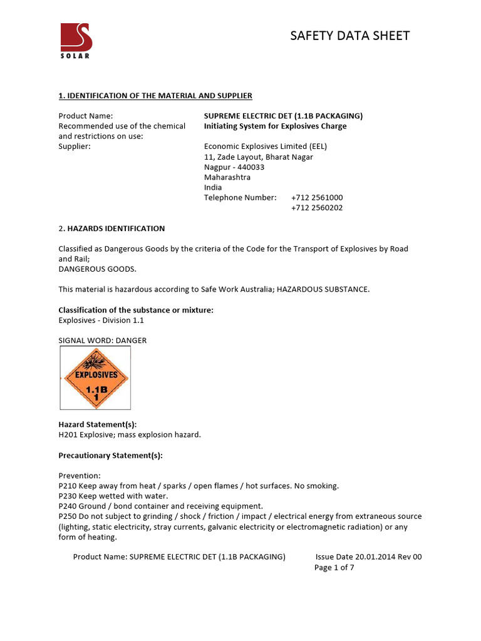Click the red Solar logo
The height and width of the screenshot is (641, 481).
(x=76, y=40)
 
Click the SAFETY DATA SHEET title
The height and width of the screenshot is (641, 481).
(x=349, y=36)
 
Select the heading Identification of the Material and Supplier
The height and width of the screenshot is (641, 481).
(x=155, y=96)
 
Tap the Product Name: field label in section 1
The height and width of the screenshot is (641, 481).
(x=86, y=116)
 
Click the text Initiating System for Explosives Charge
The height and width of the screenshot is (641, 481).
(x=275, y=126)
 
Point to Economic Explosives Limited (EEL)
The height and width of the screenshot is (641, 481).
(x=266, y=146)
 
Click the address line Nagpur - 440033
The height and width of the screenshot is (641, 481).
(x=234, y=167)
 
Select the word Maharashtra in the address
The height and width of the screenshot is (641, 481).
(x=227, y=177)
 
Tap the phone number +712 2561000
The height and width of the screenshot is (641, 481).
(x=317, y=197)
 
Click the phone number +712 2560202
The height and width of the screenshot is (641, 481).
(x=317, y=208)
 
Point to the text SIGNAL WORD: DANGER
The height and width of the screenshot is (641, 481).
(x=103, y=341)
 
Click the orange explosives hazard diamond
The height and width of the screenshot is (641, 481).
(x=95, y=378)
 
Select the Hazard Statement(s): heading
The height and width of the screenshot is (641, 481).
(x=98, y=424)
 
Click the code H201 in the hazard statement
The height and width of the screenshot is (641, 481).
(x=68, y=434)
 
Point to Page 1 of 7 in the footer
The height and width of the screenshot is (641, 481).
(x=334, y=568)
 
